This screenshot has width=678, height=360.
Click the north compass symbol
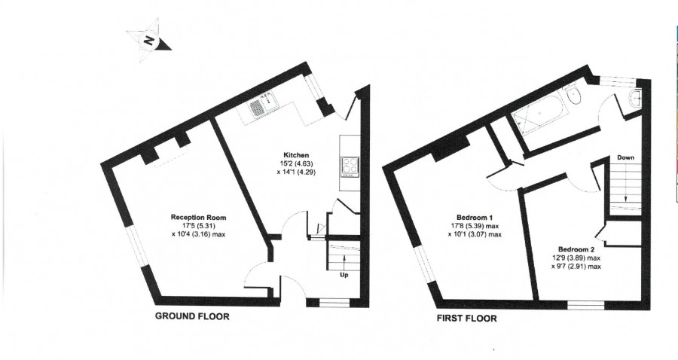click(148, 41)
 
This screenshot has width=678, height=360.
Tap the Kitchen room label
click(296, 155)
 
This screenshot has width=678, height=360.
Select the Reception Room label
click(198, 218)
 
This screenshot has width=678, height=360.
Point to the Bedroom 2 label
click(576, 249)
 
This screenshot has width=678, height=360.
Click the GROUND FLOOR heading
click(192, 316)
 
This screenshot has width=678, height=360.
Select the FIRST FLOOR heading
click(466, 319)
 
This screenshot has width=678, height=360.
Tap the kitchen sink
click(264, 104)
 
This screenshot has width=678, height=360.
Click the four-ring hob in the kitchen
click(350, 166)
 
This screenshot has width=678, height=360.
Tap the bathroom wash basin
click(635, 99)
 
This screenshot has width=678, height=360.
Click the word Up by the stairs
click(344, 275)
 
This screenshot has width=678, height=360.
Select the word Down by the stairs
click(626, 157)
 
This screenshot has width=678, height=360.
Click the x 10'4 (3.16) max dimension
click(198, 234)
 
